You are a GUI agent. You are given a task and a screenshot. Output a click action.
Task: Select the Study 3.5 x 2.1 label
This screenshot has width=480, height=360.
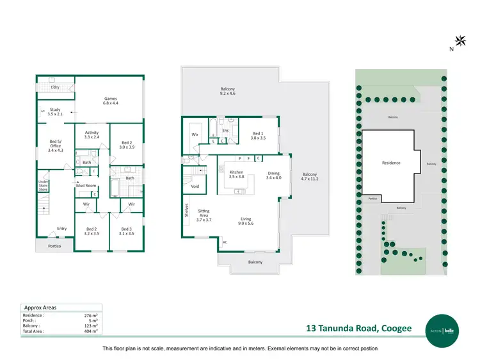click(x=55, y=111)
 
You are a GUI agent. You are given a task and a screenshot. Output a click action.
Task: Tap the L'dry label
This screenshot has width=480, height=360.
click(x=55, y=87)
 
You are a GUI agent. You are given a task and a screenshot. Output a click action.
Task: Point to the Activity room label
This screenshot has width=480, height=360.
click(x=92, y=135)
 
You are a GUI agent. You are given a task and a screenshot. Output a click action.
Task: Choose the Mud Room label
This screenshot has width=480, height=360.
click(x=86, y=185)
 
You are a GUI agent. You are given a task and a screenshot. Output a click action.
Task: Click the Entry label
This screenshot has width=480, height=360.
click(x=61, y=229)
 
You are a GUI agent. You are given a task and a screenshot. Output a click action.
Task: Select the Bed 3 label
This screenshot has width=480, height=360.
click(x=126, y=231)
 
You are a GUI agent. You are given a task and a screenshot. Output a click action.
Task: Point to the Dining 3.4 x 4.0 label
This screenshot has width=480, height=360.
click(x=273, y=175)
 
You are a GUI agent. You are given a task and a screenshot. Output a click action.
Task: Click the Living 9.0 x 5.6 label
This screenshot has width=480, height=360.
click(x=246, y=221)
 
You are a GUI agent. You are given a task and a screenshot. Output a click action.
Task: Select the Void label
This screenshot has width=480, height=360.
click(x=195, y=186)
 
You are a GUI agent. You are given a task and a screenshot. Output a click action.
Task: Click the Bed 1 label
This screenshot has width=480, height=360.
click(x=257, y=136)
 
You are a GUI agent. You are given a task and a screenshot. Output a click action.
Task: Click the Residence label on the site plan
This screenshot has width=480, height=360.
click(x=391, y=163)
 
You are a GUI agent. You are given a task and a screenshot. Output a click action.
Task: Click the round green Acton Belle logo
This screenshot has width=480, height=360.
click(x=444, y=328)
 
